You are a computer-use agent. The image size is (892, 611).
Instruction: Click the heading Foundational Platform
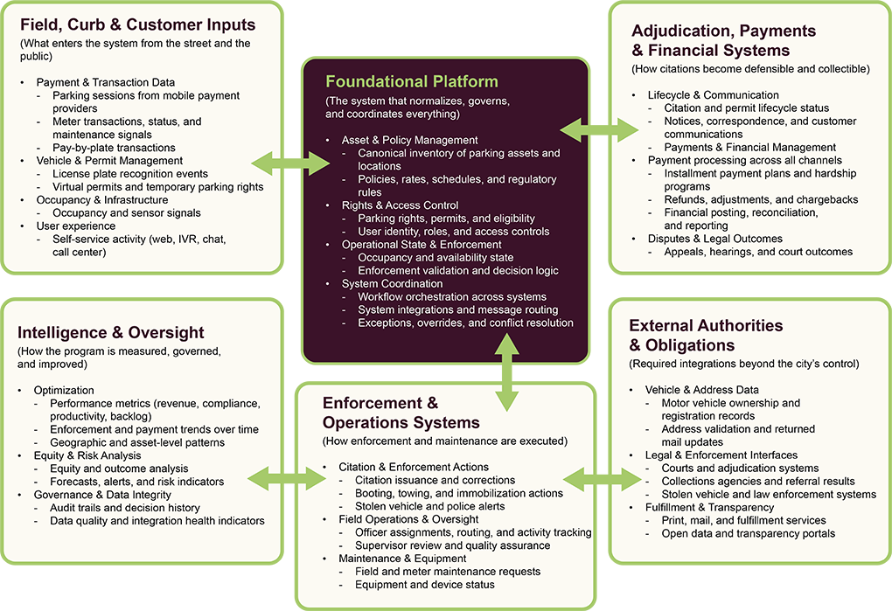click(412, 82)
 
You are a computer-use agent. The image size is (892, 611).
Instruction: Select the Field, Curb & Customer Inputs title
click(137, 24)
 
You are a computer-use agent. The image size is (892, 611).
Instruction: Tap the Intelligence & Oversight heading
click(111, 332)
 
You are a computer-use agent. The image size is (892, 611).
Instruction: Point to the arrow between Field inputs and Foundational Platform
click(277, 162)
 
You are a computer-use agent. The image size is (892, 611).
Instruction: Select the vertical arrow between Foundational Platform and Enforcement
click(505, 371)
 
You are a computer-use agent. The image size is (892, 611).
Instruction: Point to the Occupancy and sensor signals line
click(127, 213)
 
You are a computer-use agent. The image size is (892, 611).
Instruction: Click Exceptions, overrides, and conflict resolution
click(465, 323)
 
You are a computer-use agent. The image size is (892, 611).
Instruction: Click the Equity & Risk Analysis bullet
click(87, 455)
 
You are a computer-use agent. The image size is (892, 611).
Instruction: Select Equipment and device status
click(425, 585)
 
